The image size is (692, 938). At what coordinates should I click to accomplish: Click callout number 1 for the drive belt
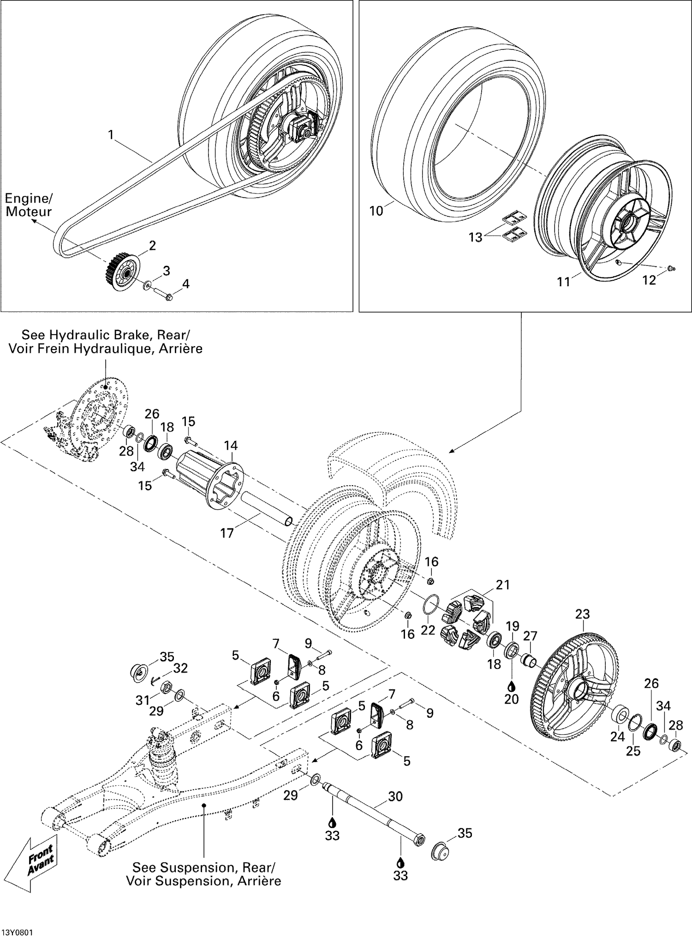point(111,134)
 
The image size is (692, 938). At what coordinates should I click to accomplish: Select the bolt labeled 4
point(162,294)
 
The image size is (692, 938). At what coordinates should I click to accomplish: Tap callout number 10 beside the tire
point(376,211)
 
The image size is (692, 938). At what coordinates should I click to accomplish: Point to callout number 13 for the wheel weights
point(475,237)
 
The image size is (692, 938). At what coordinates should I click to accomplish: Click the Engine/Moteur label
point(29,205)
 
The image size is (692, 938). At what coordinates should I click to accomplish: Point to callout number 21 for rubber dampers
point(503,585)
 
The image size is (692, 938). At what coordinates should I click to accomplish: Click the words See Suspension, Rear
point(203,867)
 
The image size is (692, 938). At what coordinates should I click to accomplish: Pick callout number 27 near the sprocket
point(531,636)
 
